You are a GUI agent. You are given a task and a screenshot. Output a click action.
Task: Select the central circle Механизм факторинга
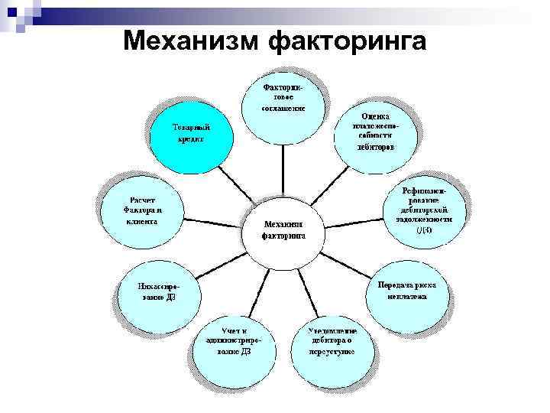point(283,229)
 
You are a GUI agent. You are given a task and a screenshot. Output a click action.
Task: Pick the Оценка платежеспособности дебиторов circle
point(375,130)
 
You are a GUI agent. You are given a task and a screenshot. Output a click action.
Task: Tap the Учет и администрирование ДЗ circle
point(234,345)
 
